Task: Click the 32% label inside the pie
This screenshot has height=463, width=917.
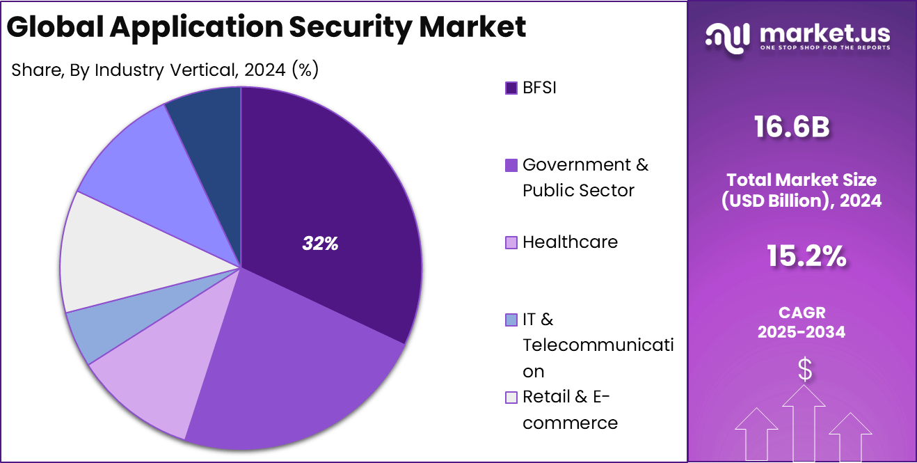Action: point(320,244)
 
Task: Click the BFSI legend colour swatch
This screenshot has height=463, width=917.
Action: point(511,88)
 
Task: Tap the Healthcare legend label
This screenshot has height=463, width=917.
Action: point(570,242)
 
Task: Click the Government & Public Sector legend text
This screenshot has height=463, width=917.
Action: point(584,178)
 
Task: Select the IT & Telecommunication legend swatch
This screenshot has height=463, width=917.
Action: point(511,320)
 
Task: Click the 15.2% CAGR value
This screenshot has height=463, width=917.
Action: point(806,257)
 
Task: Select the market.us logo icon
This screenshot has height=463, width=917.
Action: point(727,37)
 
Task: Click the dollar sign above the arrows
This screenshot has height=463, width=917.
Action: point(804,370)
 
